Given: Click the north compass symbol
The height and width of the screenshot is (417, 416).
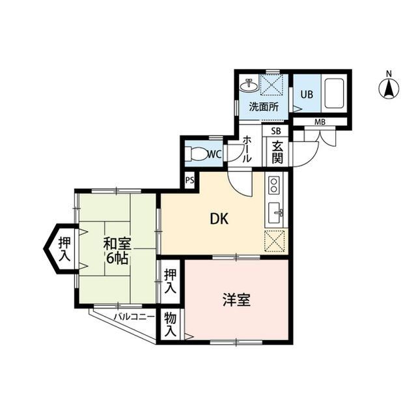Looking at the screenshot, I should point(389,87).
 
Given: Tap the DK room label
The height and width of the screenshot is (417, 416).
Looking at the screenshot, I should point(218,220).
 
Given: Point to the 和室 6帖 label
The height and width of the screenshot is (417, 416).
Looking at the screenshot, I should point(117,250).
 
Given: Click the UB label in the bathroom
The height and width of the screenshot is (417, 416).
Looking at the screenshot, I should point(306,94).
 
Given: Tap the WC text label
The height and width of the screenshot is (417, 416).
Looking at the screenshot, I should point(214,154).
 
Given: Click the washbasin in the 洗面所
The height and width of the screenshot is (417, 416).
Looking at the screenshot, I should point(248,85).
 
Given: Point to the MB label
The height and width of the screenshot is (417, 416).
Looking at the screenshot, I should point(320,122).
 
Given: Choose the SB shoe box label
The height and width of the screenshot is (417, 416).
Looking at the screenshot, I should point(276,131).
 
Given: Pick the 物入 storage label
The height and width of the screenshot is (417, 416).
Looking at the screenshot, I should point(170,324).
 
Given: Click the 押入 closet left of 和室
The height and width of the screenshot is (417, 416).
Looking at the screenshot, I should point(64,250).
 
